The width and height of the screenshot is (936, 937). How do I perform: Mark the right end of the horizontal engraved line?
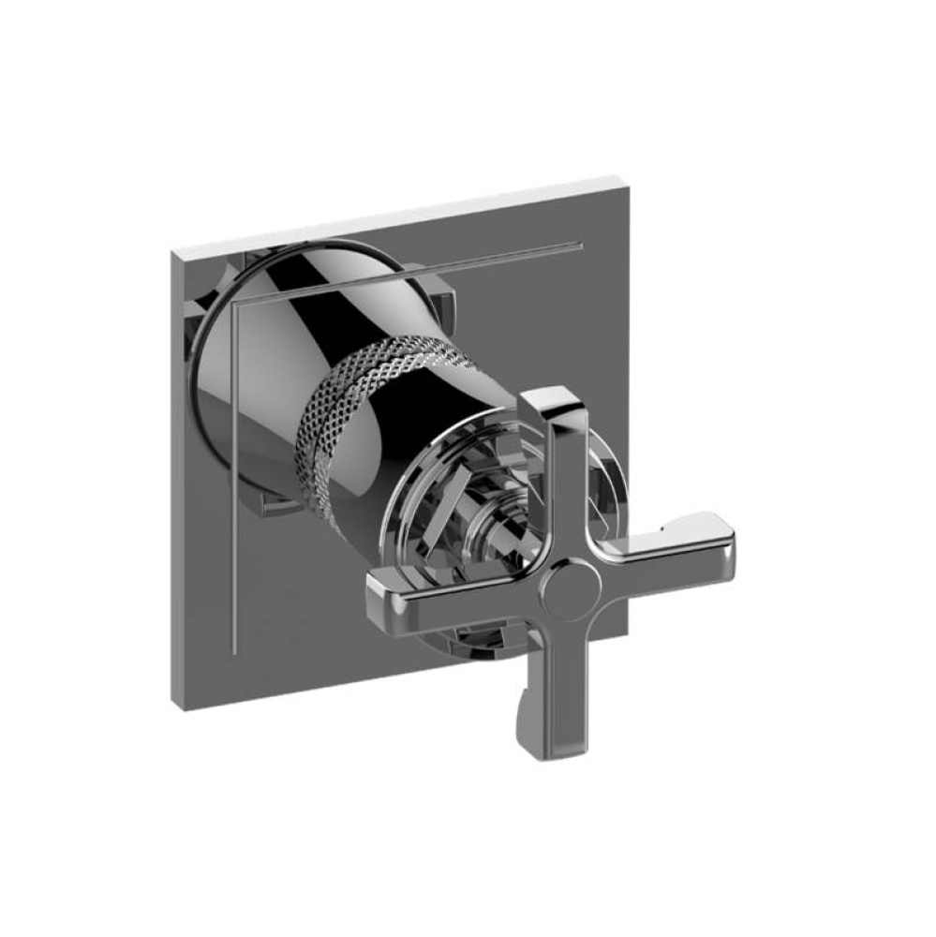click(x=581, y=246)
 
